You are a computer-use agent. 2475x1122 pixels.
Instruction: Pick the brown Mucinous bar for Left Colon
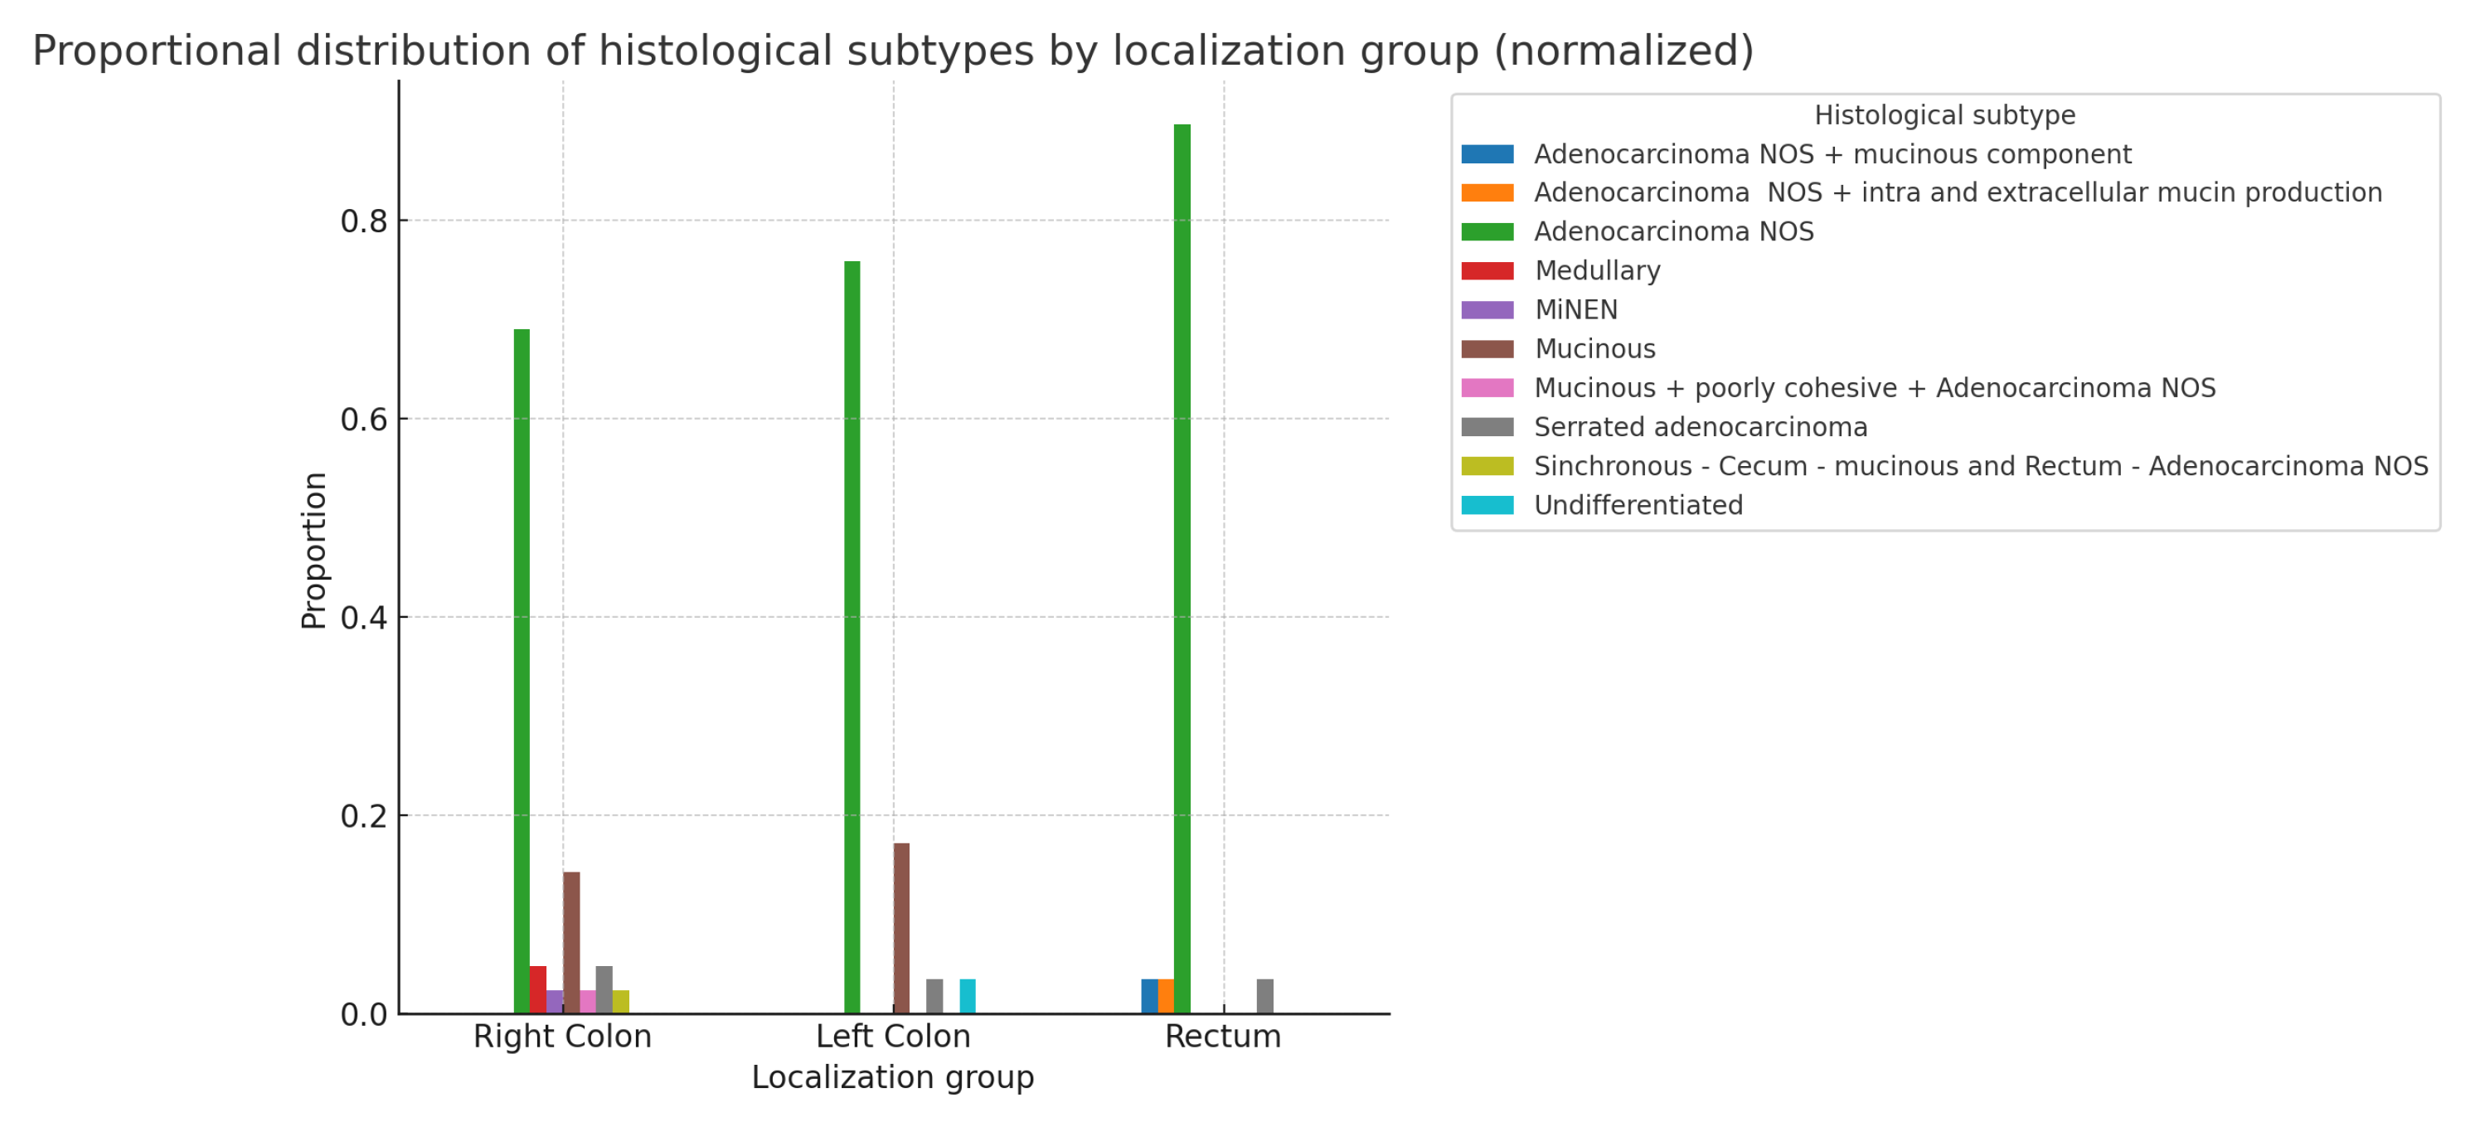(901, 928)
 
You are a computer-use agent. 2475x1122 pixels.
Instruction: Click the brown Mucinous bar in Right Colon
(571, 942)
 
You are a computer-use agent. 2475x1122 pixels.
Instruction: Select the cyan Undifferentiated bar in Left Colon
(968, 996)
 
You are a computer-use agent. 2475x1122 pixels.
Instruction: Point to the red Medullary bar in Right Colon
(538, 989)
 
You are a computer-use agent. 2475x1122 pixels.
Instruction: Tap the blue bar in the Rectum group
(1149, 996)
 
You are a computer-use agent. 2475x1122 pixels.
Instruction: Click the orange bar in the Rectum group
(1166, 996)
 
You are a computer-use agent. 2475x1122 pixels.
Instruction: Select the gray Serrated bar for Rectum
(1265, 996)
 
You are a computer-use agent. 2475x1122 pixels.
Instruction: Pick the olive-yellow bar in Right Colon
(622, 1002)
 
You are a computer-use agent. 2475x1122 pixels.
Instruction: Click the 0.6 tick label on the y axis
(363, 420)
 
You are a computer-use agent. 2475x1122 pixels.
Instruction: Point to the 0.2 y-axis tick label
(363, 817)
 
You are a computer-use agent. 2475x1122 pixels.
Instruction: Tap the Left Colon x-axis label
(893, 1037)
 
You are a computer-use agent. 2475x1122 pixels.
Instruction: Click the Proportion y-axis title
(314, 551)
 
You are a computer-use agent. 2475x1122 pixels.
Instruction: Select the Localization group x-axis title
(893, 1077)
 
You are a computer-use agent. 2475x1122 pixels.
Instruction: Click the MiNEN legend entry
(1575, 310)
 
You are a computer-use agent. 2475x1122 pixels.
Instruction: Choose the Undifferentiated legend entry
(1638, 505)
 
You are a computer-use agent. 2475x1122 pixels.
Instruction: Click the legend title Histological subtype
(1944, 115)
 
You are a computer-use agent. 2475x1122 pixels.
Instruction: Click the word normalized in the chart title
(1623, 51)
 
